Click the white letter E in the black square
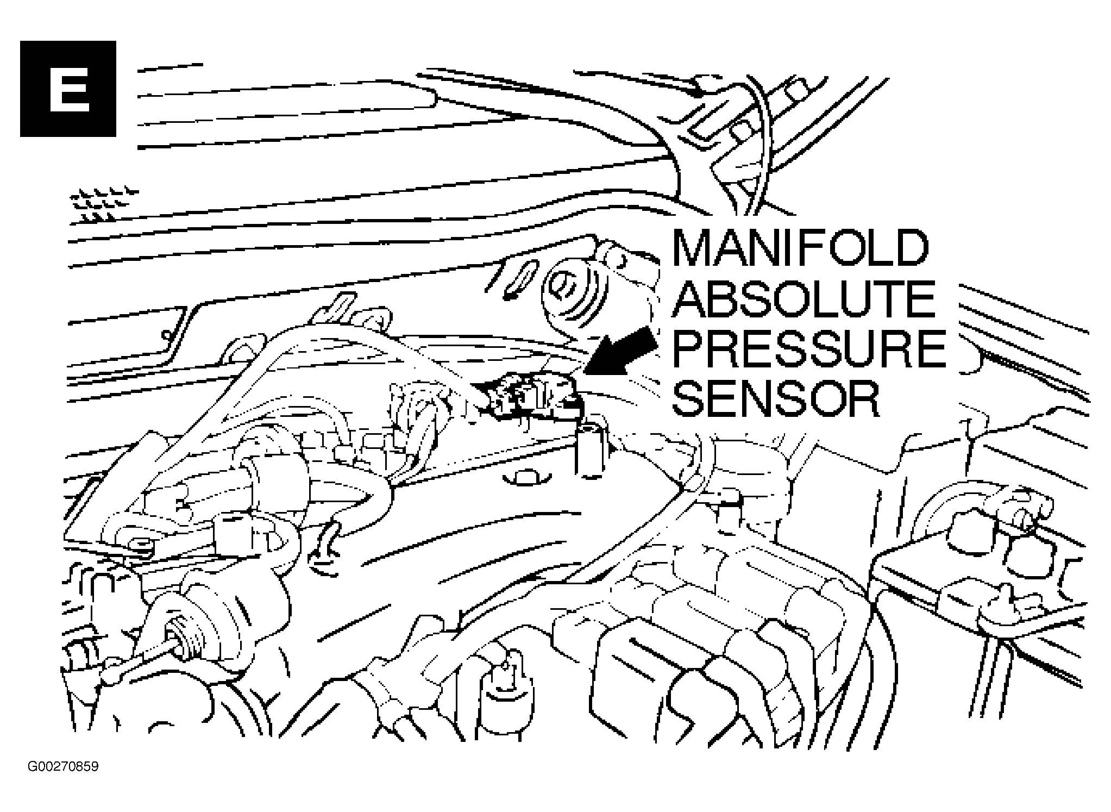click(68, 88)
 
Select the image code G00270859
click(63, 767)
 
